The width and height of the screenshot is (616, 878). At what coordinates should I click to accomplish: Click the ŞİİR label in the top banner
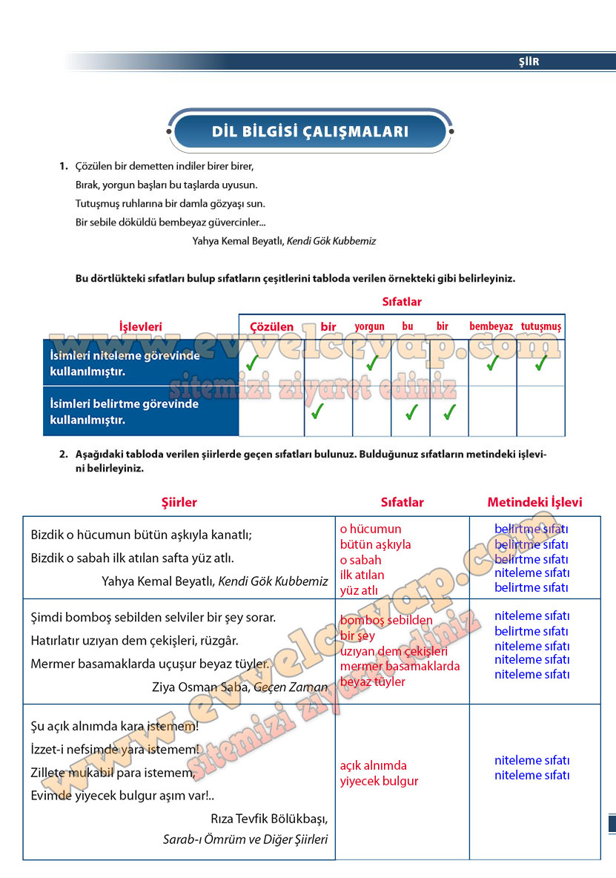529,62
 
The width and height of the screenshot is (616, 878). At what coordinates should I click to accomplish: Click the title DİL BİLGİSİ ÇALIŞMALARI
310,132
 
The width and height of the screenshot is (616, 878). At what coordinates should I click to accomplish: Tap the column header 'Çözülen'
271,326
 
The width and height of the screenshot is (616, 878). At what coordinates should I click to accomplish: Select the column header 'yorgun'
369,326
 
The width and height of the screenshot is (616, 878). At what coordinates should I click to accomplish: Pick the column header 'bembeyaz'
491,326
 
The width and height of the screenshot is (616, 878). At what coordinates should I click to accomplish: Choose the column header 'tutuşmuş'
541,326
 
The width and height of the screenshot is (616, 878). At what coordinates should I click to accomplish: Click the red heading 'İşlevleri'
140,326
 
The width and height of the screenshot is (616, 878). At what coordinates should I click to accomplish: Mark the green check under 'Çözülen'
253,363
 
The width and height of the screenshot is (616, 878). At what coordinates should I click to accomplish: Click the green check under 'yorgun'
372,363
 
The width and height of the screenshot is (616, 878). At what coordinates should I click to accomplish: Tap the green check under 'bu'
411,412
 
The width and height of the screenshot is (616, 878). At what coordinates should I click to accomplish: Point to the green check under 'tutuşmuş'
541,363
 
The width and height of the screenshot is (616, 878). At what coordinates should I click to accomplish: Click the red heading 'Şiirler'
179,502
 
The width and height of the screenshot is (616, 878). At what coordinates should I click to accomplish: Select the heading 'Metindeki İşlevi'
534,502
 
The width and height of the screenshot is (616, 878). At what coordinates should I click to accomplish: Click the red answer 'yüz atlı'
359,590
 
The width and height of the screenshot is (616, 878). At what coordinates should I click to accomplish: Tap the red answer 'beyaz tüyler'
373,681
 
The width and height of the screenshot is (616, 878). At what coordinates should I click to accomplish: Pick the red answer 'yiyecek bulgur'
379,781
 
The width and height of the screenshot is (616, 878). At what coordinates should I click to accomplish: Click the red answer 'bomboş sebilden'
386,620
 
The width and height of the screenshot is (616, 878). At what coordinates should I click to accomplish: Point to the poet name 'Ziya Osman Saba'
200,687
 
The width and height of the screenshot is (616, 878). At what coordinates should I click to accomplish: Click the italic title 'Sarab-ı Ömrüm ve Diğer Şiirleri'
245,839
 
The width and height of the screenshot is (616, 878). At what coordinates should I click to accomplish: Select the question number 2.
63,454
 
